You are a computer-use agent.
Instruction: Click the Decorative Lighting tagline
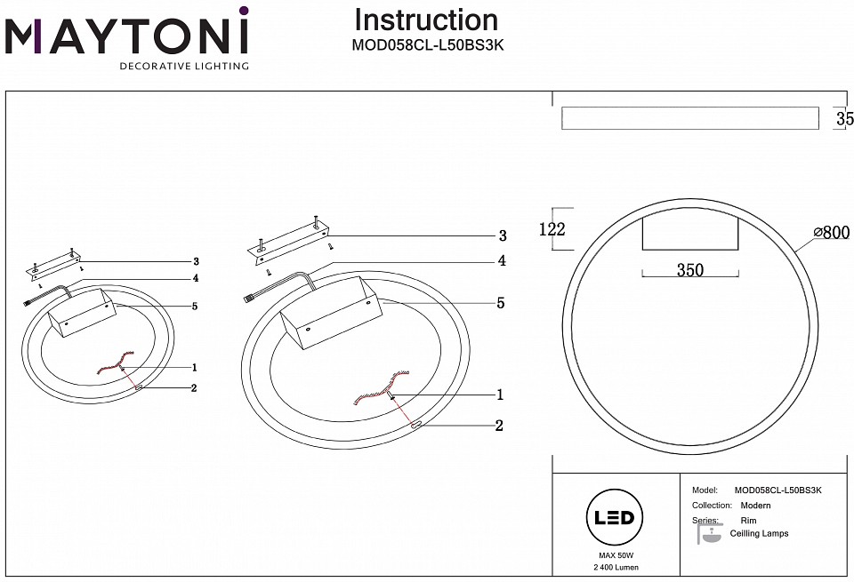point(184,66)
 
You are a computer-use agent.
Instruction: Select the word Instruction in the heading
point(426,20)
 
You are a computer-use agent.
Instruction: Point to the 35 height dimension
point(844,118)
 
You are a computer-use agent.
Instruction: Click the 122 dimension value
point(552,229)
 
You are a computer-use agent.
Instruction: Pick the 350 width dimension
point(690,270)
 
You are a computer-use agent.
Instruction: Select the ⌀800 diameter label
point(833,233)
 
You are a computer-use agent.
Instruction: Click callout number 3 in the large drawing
point(502,235)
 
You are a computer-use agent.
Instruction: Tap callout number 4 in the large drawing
point(502,261)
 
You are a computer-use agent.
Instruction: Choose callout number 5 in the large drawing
point(501,303)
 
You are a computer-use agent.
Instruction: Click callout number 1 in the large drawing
point(500,395)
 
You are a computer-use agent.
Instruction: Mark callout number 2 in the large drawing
point(499,426)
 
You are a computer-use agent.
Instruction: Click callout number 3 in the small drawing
point(195,262)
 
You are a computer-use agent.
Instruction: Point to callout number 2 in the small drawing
point(193,388)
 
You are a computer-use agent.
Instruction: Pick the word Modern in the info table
point(755,506)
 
